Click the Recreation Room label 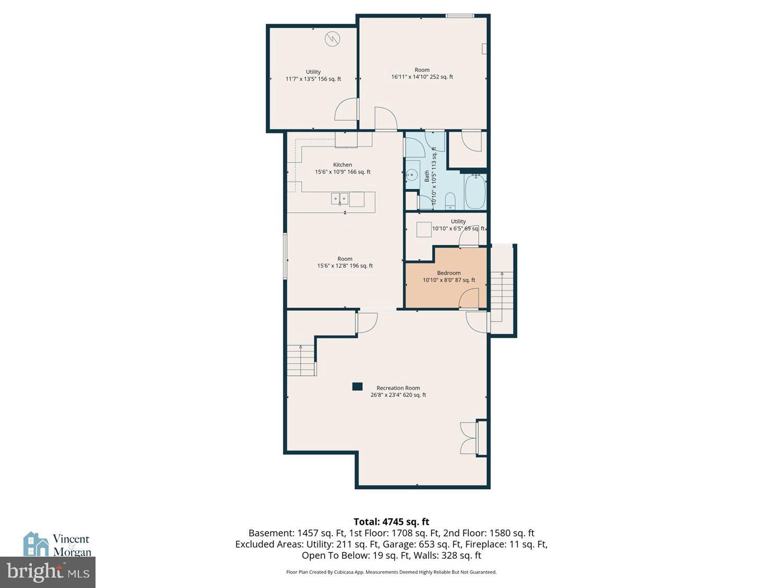(x=398, y=388)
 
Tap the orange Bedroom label (x=448, y=273)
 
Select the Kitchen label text (x=342, y=165)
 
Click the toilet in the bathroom (x=450, y=201)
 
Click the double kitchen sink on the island (x=340, y=199)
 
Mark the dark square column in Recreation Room (x=357, y=387)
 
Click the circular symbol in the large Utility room (x=332, y=39)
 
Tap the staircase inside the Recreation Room (x=301, y=360)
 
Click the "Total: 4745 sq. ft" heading (x=391, y=522)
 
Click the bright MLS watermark (x=48, y=572)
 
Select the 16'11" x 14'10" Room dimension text (x=422, y=77)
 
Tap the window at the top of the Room (x=460, y=16)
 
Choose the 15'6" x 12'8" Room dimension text (x=345, y=266)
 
